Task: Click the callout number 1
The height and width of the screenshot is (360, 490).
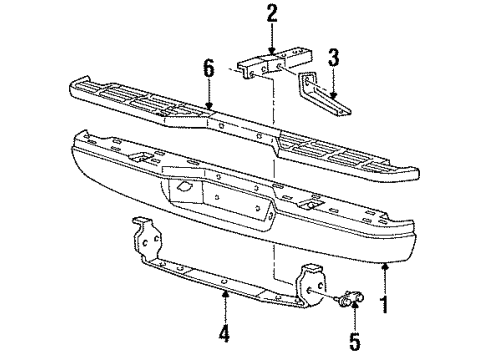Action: point(385,304)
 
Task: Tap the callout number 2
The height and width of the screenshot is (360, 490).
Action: point(272,14)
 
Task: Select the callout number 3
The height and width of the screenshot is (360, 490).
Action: point(333,57)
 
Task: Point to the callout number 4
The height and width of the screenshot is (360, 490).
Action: point(225,333)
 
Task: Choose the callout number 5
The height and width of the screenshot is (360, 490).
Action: point(355,340)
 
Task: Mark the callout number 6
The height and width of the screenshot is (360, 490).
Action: point(209,69)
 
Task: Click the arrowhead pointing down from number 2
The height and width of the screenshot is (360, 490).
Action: point(272,51)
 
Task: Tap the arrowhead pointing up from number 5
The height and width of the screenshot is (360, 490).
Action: point(354,305)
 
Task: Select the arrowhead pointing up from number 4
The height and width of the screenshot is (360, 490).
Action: point(225,294)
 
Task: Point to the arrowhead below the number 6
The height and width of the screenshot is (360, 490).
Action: point(209,106)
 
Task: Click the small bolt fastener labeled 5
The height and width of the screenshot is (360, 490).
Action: point(350,298)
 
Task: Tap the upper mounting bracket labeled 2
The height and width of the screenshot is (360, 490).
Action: point(276,63)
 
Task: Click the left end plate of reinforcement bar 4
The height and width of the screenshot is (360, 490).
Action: point(147,239)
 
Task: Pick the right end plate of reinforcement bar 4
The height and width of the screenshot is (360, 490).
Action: point(311,285)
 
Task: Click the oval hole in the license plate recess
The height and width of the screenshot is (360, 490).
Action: point(184,187)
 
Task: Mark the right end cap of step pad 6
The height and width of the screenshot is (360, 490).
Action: point(412,173)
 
